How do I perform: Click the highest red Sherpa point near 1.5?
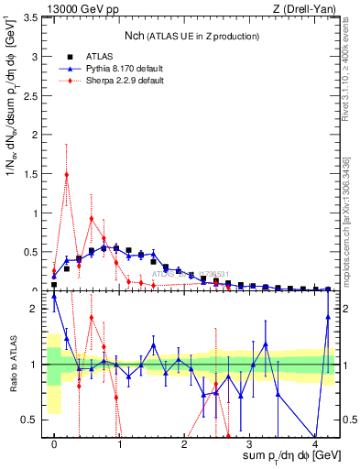[67, 174]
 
